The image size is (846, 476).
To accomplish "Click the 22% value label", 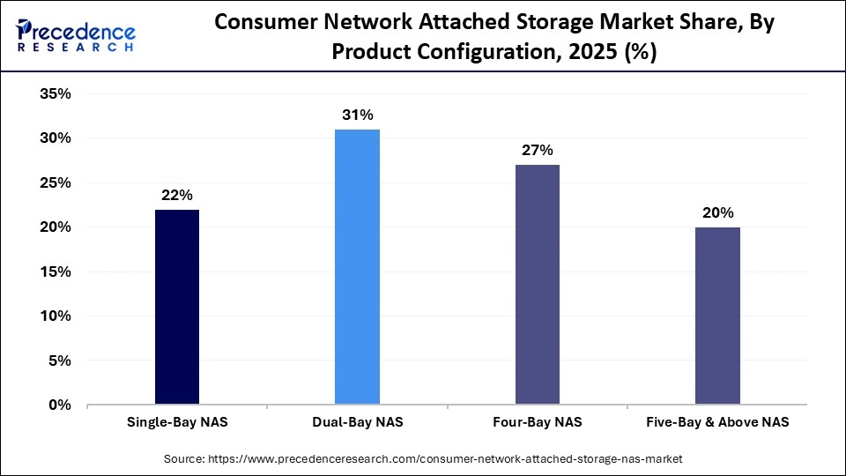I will pyautogui.click(x=177, y=195).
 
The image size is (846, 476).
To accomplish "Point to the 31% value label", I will pyautogui.click(x=358, y=115).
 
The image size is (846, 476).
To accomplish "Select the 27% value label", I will pyautogui.click(x=537, y=150).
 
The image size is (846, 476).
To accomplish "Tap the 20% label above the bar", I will pyautogui.click(x=717, y=212).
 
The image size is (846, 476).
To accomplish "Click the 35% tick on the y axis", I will pyautogui.click(x=55, y=94).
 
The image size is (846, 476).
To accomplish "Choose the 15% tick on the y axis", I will pyautogui.click(x=55, y=272).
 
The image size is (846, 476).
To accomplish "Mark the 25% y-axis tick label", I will pyautogui.click(x=55, y=183).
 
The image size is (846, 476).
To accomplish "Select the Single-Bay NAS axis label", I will pyautogui.click(x=177, y=423).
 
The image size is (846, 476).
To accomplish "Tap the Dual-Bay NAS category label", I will pyautogui.click(x=357, y=423).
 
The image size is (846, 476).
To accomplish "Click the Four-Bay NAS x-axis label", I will pyautogui.click(x=537, y=423).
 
